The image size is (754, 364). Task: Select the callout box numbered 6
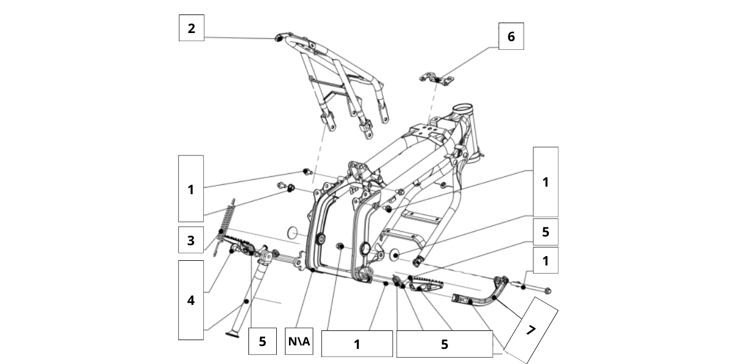coord(511,37)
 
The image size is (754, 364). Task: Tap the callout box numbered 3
coord(191,241)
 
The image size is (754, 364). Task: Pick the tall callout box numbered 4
coord(191,300)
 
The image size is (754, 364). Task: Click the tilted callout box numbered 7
coord(530,330)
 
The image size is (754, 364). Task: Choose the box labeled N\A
coord(299,342)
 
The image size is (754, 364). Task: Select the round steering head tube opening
coord(463,108)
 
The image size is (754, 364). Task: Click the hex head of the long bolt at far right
coord(548,290)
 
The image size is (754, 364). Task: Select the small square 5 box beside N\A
coord(262,341)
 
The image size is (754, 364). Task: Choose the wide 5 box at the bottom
coord(444,344)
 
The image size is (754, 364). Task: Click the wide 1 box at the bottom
coord(357,344)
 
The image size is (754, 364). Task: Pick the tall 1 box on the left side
coord(191,188)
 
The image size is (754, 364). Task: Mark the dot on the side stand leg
coord(246,301)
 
